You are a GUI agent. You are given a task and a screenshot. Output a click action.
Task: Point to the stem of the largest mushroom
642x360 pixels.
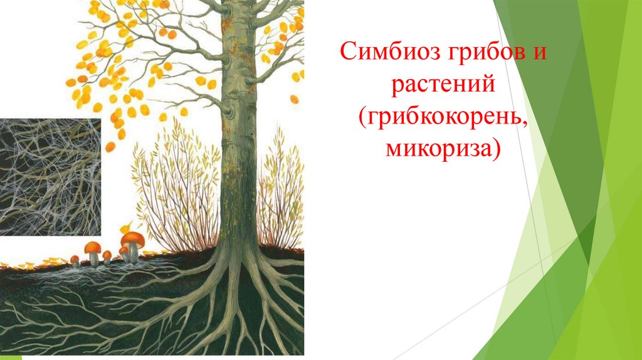point(134,252)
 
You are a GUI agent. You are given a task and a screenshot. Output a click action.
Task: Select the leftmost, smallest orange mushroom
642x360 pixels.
point(75,258)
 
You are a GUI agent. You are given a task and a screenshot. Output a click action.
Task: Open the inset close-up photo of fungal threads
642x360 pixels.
point(50,177)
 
